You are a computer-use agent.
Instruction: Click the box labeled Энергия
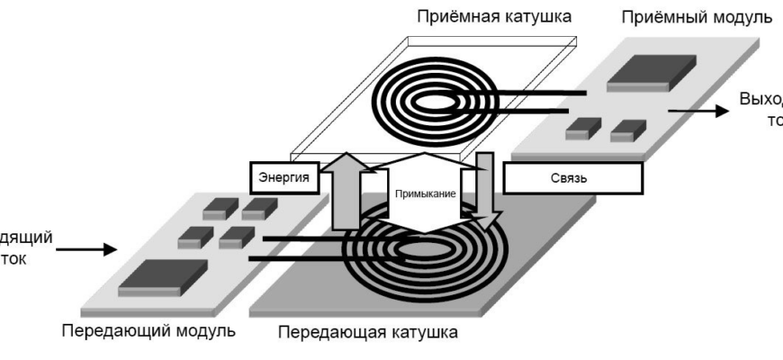click(279, 177)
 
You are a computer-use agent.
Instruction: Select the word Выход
click(761, 98)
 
